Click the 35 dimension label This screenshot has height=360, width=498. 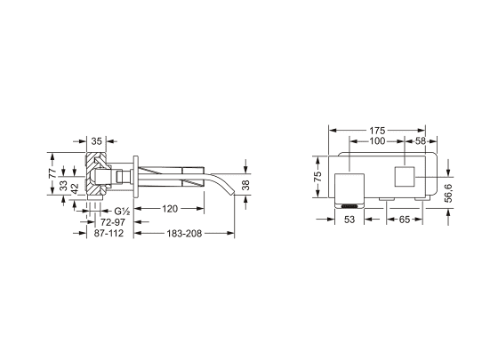[x=97, y=141]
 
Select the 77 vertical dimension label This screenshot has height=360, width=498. [x=52, y=173]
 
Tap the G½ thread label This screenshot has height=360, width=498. [x=122, y=211]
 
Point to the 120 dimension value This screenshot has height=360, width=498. [x=170, y=209]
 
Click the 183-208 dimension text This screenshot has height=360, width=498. [x=184, y=234]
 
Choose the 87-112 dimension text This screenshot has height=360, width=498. [x=108, y=233]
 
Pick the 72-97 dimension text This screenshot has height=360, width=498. [x=113, y=222]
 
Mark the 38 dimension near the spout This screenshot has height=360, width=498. [x=245, y=185]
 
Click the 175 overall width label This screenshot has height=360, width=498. [x=377, y=131]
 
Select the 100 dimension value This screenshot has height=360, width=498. [x=377, y=141]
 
